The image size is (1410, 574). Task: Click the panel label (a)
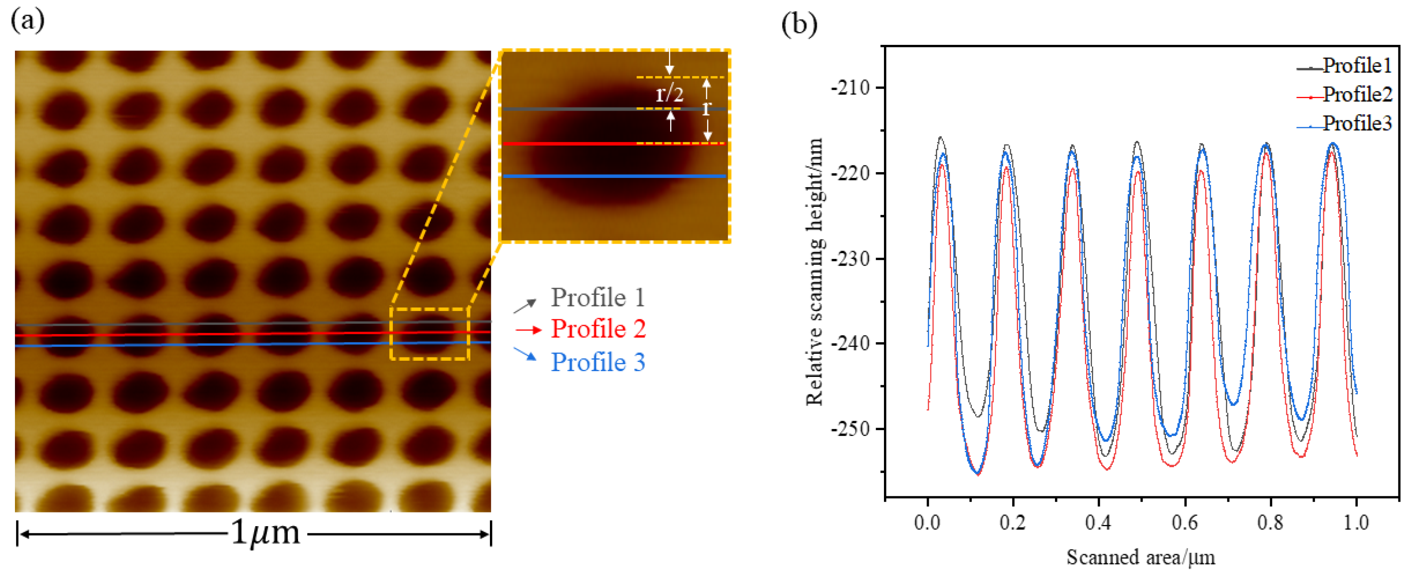[x=27, y=21]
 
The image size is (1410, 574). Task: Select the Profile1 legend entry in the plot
[x=1356, y=66]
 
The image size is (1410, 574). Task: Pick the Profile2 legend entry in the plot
[x=1356, y=95]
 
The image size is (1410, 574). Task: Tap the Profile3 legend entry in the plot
[x=1356, y=124]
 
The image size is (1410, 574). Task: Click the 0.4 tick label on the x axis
[x=1098, y=522]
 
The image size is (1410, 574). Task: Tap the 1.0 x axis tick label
[x=1356, y=522]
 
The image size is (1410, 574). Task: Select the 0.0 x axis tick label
[x=927, y=522]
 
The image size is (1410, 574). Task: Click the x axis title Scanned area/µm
[x=1141, y=557]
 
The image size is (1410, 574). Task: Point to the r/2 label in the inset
[x=669, y=95]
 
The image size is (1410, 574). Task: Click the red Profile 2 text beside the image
[x=598, y=329]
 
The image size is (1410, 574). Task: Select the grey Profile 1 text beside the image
[x=598, y=298]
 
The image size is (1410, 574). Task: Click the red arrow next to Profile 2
[x=528, y=330]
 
